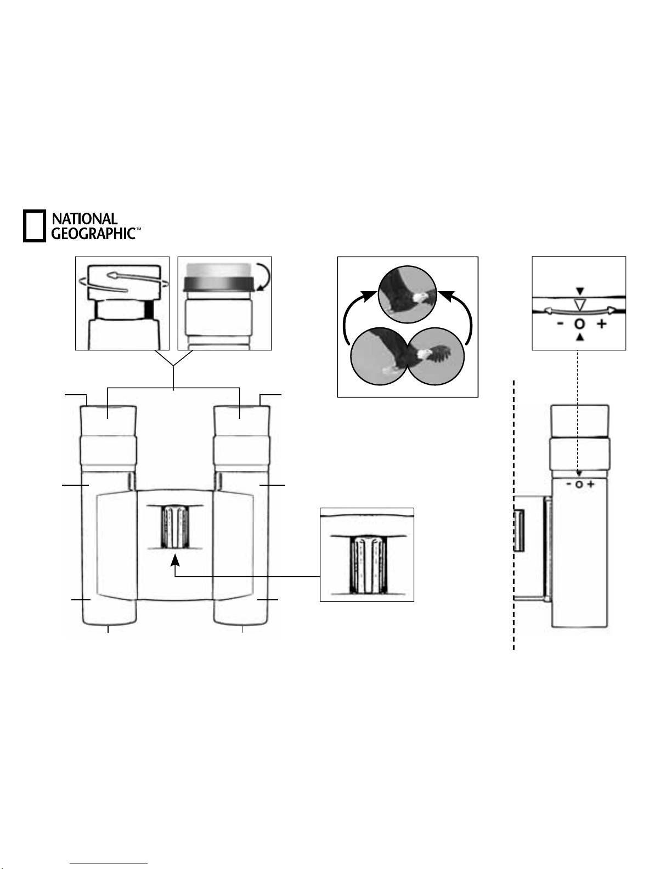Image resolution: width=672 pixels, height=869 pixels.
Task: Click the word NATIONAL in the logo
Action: (85, 219)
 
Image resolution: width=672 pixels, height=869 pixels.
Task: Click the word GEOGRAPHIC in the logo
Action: (94, 234)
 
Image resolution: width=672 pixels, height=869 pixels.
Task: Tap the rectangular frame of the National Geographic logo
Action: (35, 226)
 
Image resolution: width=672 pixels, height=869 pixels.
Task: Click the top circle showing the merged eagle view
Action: (407, 294)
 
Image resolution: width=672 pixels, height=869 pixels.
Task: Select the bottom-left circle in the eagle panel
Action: (379, 356)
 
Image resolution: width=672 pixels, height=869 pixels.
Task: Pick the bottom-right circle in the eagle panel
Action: (436, 356)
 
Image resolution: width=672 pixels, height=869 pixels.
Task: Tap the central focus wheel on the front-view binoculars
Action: (175, 527)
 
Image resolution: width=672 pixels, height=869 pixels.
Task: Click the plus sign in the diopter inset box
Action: (602, 324)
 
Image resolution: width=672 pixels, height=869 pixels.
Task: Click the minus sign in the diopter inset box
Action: (561, 324)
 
